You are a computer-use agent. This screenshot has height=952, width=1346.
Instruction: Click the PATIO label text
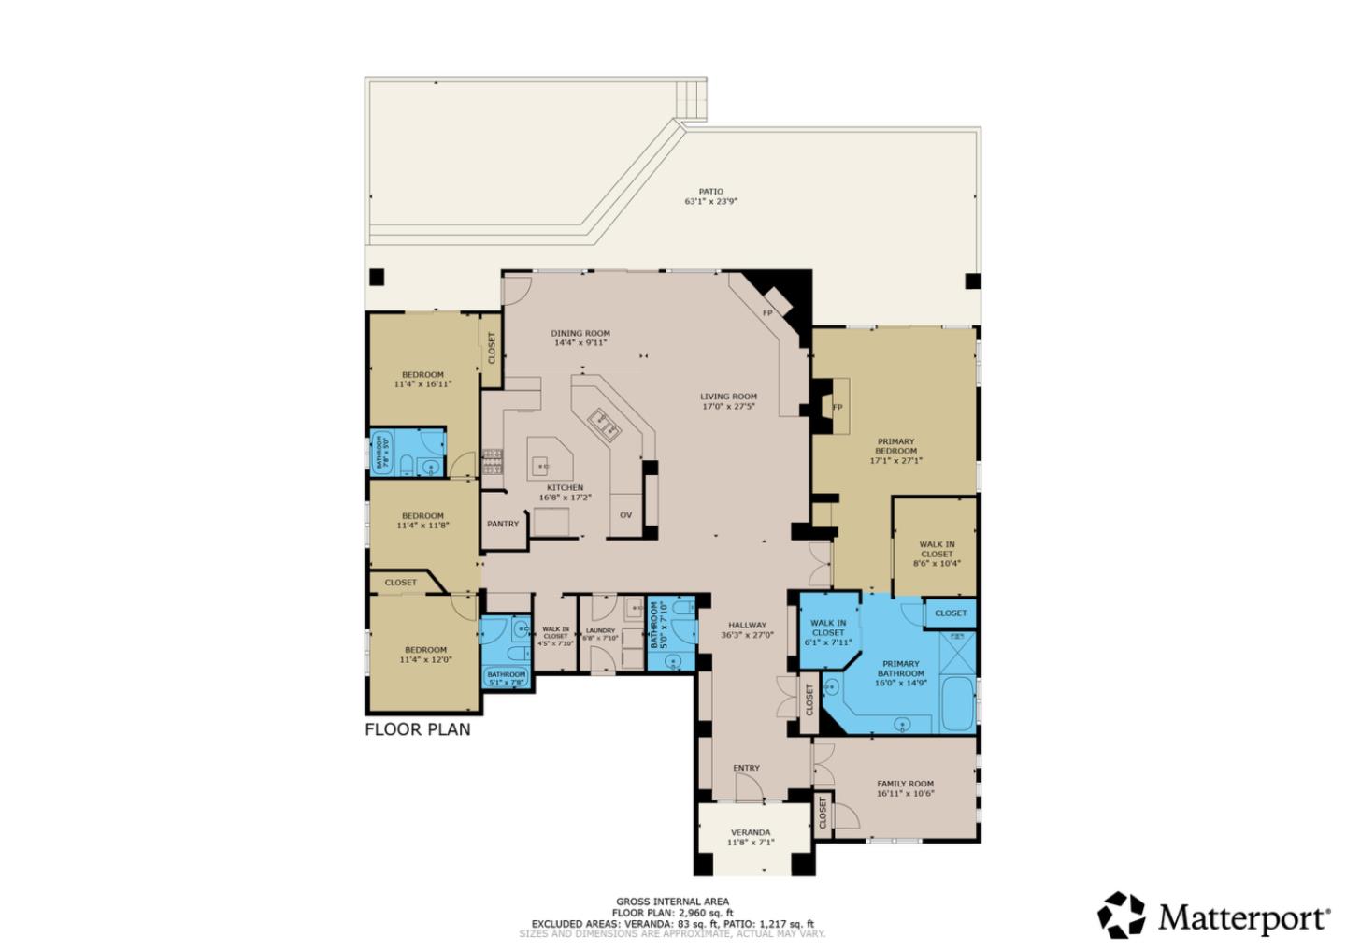(x=710, y=192)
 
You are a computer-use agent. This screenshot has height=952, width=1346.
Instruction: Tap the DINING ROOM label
(x=580, y=333)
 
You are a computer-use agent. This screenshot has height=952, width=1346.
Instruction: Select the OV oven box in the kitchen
(x=626, y=515)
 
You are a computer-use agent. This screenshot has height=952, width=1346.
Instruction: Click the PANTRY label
(x=503, y=524)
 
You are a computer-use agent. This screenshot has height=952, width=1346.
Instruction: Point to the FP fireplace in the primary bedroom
(x=838, y=407)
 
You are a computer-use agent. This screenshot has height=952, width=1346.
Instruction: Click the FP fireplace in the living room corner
(x=767, y=312)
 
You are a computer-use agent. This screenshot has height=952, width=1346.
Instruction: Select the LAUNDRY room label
(x=601, y=631)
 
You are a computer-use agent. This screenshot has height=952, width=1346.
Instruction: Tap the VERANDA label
(x=751, y=832)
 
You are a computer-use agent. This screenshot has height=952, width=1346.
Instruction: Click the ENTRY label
(x=746, y=768)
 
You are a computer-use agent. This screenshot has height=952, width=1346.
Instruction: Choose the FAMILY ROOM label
(x=905, y=784)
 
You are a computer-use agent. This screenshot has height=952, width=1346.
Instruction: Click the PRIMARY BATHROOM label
(x=901, y=669)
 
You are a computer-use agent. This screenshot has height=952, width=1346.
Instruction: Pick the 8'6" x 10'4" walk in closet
(x=936, y=553)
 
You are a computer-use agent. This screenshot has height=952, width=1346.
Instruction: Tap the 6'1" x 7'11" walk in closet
(x=827, y=628)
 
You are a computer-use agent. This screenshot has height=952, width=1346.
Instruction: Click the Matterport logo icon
(x=1121, y=915)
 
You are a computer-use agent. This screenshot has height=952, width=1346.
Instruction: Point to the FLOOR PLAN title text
(x=418, y=729)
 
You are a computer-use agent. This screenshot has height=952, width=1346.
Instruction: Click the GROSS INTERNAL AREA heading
(x=672, y=902)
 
